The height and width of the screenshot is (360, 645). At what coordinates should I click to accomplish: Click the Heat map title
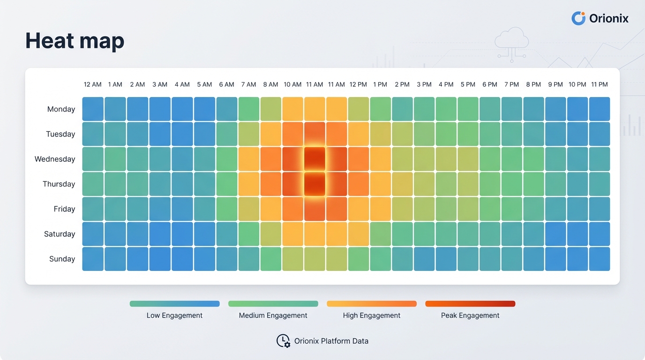[x=75, y=41]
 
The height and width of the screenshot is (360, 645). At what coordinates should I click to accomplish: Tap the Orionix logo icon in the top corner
[x=578, y=18]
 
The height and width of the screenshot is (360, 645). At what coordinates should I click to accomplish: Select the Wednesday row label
[x=55, y=159]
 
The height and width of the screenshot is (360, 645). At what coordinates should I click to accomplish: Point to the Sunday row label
[x=62, y=259]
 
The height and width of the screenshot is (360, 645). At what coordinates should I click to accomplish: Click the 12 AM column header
[x=92, y=84]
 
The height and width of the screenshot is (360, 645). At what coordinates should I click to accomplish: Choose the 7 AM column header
[x=248, y=84]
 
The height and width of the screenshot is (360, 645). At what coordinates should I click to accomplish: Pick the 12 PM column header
[x=358, y=84]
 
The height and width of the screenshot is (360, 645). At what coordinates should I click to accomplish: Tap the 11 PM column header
[x=599, y=84]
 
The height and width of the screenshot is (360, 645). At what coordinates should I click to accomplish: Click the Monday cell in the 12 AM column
[x=93, y=109]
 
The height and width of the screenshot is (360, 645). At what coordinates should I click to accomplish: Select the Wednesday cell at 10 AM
[x=292, y=159]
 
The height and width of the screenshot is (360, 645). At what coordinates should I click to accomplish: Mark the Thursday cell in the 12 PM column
[x=359, y=184]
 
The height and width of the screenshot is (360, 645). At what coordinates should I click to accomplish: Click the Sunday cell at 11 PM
[x=600, y=259]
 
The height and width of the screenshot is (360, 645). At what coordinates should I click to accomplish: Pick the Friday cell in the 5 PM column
[x=468, y=209]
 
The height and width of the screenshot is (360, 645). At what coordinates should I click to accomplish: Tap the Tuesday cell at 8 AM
[x=270, y=134]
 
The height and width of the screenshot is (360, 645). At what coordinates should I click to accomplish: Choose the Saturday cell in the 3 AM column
[x=159, y=234]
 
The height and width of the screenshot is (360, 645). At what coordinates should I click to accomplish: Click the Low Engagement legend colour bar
[x=174, y=304]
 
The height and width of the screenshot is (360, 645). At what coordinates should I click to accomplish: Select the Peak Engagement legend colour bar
[x=470, y=304]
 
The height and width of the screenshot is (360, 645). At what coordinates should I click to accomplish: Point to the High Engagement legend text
[x=371, y=315]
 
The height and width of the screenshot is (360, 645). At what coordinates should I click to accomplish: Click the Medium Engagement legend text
[x=273, y=315]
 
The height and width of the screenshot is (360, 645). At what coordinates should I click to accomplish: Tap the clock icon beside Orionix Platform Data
[x=283, y=341]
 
